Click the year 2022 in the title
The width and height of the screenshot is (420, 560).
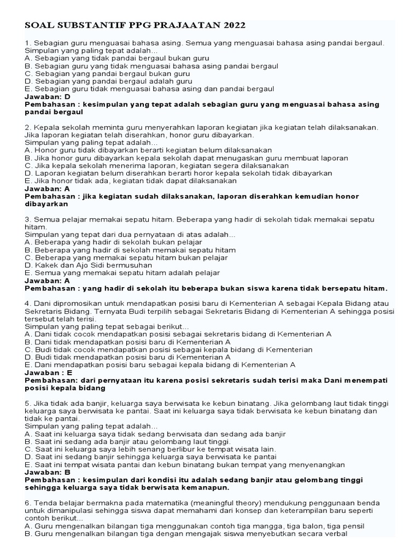232,26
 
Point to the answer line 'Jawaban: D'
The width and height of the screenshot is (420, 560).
48,96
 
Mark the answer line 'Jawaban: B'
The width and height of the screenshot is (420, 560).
48,472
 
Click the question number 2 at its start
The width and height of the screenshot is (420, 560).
27,127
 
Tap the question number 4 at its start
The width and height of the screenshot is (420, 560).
27,303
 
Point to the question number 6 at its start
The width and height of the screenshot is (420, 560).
27,503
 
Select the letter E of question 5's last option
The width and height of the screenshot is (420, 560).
28,464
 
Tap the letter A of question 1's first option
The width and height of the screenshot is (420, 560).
28,57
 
